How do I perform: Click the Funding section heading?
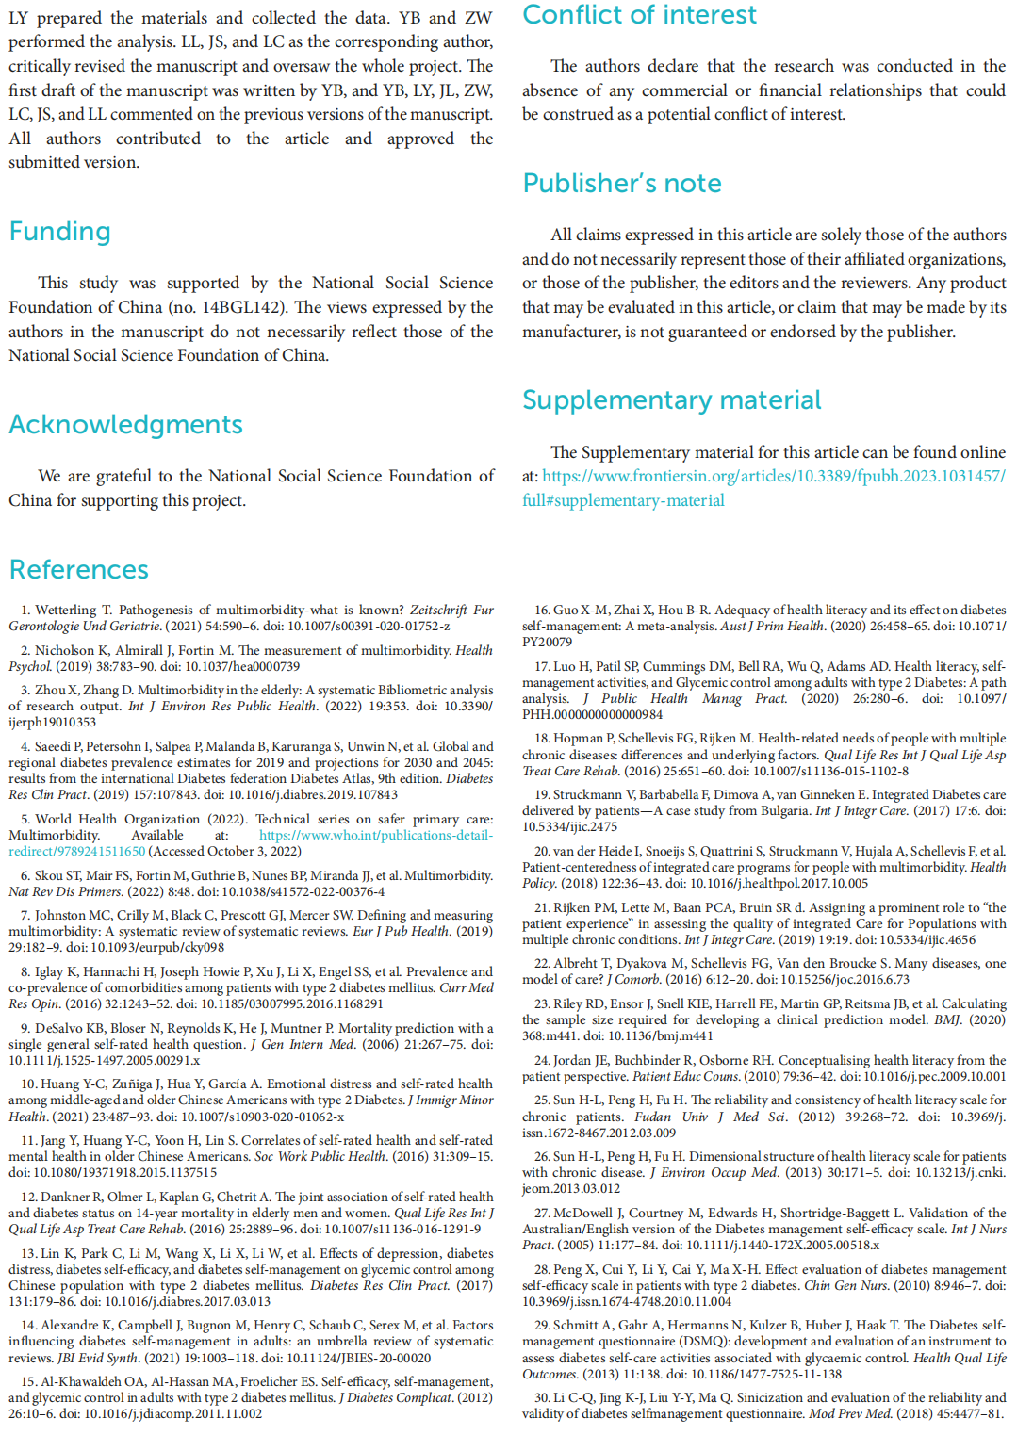coord(60,232)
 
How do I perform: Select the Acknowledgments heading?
coord(125,425)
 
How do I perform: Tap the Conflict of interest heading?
coord(639,15)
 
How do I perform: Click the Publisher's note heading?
coord(622,184)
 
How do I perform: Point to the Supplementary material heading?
coord(671,400)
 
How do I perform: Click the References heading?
coord(79,570)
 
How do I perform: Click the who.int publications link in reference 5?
coord(375,835)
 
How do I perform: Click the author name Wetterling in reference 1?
coord(66,610)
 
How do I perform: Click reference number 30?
coord(541,1397)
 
